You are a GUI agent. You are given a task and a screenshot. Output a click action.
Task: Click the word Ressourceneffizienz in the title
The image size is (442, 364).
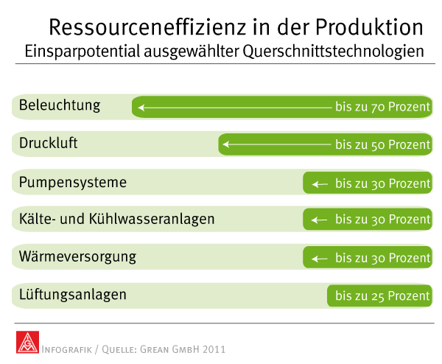point(147,27)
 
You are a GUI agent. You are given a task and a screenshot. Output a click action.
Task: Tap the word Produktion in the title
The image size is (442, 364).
point(369,27)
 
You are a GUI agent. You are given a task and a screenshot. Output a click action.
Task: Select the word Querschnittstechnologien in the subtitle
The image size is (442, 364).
point(333,52)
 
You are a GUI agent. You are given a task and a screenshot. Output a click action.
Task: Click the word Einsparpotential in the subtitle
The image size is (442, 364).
point(83,52)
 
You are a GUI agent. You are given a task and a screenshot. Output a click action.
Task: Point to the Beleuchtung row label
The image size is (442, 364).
point(60,105)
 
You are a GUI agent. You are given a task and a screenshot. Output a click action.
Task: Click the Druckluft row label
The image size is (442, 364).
point(48,143)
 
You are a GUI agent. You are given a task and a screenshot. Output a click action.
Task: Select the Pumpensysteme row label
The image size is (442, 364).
point(73,183)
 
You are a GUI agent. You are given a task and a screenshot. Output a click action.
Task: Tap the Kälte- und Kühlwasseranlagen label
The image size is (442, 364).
point(116,219)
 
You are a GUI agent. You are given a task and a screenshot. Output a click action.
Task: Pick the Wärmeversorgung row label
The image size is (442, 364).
point(77,257)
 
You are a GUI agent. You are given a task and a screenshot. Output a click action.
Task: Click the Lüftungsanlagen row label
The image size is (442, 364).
point(73,295)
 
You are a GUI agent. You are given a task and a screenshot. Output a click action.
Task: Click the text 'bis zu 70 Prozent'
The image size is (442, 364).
point(382,107)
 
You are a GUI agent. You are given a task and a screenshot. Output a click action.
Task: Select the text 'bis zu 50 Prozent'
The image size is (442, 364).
point(382,144)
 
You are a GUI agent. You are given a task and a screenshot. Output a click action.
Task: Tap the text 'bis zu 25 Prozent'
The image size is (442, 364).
point(382,295)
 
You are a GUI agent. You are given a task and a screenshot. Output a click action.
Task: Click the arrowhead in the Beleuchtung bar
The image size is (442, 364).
point(141,108)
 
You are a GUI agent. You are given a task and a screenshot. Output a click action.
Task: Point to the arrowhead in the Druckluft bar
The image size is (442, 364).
point(226,144)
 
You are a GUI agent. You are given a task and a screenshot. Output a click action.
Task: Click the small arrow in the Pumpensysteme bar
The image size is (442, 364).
point(320,184)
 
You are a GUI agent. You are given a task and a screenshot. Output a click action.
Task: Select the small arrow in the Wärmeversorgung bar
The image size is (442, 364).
point(320,259)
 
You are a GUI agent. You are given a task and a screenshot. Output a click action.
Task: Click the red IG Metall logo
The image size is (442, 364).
point(27,342)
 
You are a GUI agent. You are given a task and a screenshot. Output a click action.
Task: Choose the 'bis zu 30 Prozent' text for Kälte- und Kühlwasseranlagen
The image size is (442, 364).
point(382,220)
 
